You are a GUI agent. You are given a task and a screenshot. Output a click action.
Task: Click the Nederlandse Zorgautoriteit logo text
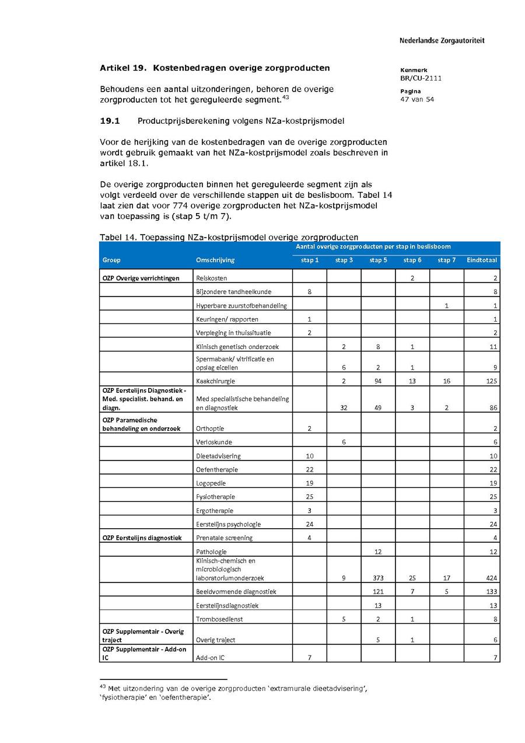point(442,41)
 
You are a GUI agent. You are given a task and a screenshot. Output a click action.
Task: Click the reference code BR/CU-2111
point(421,78)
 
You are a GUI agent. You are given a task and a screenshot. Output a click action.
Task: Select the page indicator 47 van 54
point(417,99)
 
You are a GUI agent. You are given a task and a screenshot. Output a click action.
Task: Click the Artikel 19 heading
point(215,68)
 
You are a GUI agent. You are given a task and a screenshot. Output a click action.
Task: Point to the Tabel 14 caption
point(229,237)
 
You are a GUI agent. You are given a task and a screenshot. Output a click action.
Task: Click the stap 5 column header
point(378,260)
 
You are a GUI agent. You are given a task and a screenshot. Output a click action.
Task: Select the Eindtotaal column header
point(482,260)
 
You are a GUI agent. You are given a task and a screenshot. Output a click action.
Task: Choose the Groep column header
point(111,260)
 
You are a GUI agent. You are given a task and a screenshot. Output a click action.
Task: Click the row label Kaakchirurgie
point(213,381)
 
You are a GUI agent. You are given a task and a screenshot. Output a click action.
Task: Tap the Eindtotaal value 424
point(491,578)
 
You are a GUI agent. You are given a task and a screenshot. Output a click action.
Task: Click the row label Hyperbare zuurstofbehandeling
point(241,306)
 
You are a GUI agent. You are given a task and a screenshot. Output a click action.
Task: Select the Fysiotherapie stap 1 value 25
point(309,497)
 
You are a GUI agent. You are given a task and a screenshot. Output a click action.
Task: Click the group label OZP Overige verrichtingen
point(141,278)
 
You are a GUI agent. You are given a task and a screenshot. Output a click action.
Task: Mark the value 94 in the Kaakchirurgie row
point(378,381)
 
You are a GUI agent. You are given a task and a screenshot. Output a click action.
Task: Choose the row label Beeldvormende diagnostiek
point(236,592)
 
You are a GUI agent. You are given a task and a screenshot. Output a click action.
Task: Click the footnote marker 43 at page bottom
point(103,686)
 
